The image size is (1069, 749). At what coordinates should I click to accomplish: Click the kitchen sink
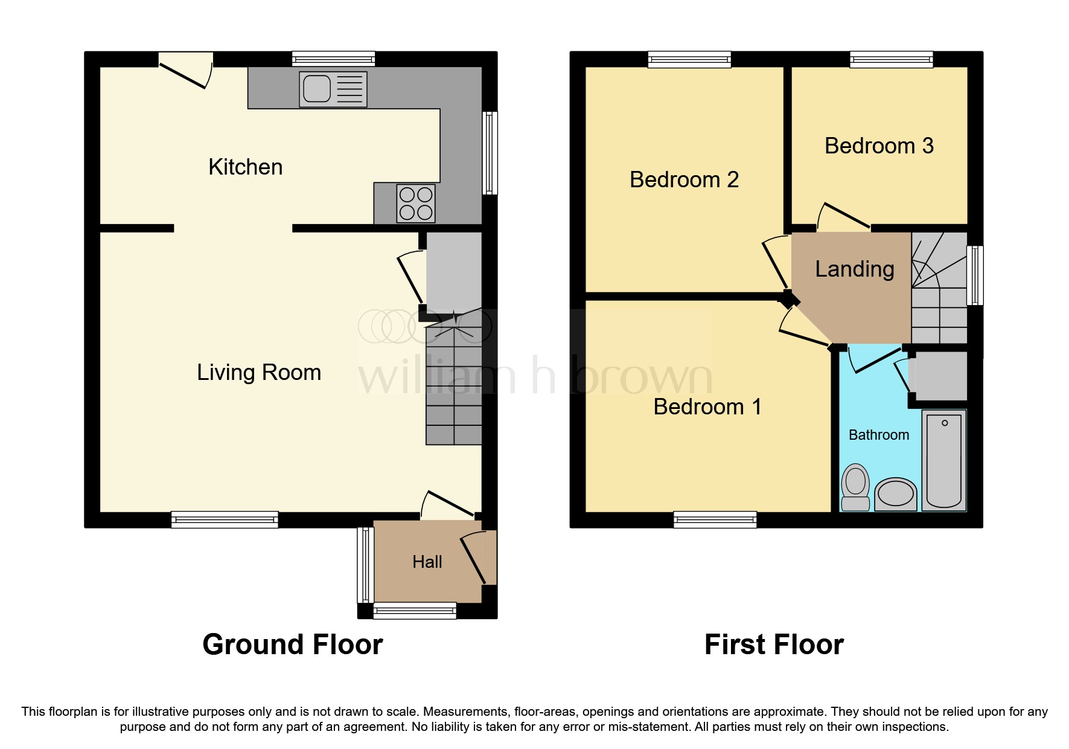tap(333, 89)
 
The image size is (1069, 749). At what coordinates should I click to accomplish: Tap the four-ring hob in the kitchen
tap(416, 203)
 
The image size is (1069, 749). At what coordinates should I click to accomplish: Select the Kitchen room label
tap(245, 167)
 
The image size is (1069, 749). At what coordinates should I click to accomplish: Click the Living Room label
tap(258, 373)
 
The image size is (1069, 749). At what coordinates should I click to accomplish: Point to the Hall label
tap(427, 562)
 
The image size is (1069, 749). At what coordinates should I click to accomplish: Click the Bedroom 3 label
tap(879, 146)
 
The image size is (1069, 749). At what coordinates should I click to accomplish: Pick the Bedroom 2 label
tap(684, 180)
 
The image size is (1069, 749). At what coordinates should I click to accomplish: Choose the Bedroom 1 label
tap(707, 407)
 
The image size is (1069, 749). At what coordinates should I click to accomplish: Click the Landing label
tap(854, 269)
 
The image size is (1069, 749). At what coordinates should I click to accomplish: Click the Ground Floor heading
tap(292, 645)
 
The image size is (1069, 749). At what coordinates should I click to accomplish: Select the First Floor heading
tap(773, 645)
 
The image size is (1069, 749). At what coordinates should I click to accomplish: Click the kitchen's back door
tap(185, 71)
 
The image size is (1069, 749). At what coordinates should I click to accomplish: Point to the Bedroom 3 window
tap(891, 59)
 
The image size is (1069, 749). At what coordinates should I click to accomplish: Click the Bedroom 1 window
tap(715, 519)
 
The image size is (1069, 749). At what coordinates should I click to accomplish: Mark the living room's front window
tap(225, 519)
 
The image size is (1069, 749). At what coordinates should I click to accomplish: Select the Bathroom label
tap(878, 435)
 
